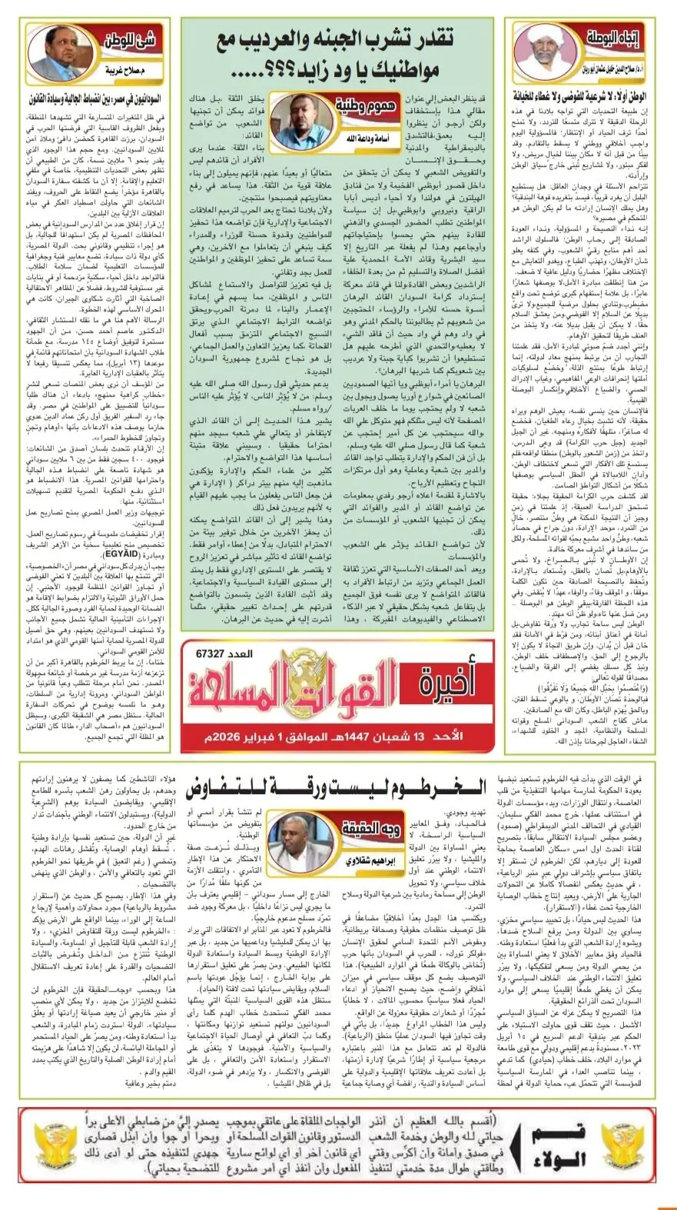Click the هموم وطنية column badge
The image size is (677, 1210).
pos(360,105)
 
